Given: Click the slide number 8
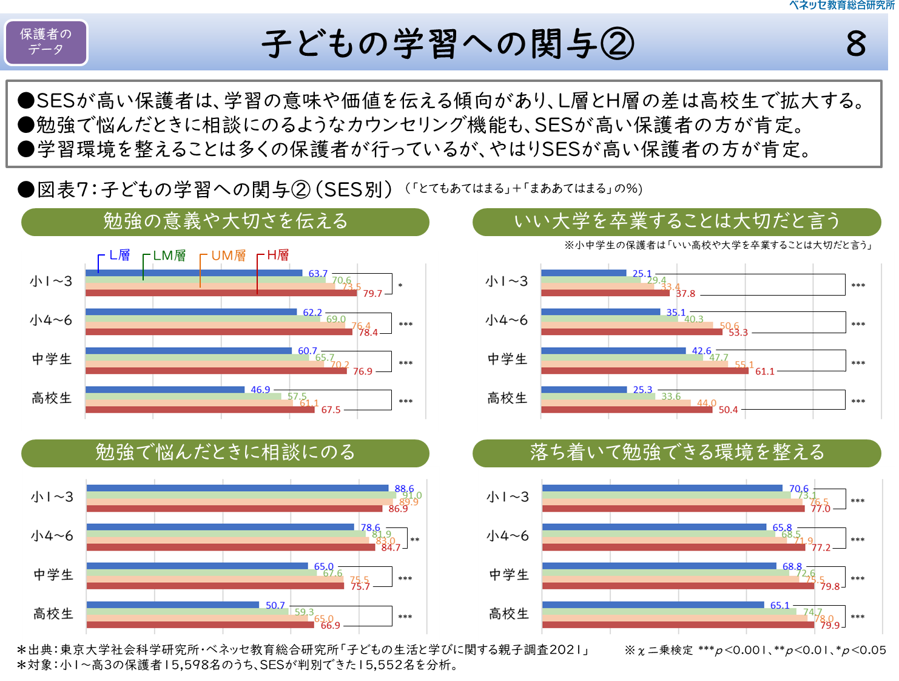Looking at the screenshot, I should pos(856,44).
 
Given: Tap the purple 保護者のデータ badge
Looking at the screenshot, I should pos(46,42).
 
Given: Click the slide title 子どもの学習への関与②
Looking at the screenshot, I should pos(448,44).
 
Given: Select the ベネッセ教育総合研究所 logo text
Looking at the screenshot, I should pos(842,5).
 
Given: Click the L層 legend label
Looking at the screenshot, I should pos(120,256).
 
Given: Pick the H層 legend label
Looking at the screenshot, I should pos(278,256).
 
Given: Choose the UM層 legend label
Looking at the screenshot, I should pos(229,256).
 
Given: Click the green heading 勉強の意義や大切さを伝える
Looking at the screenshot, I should pos(225,222).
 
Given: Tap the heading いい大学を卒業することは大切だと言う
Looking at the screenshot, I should pos(676,222).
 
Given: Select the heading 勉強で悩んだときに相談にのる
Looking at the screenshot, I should pos(225,453).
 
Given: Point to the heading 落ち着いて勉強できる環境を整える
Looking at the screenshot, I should pos(676,453).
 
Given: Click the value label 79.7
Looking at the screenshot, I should pos(372,294).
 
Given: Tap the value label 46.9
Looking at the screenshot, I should pos(260,390).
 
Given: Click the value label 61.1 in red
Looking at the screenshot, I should pos(764,371).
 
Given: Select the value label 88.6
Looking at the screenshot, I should pos(404,489).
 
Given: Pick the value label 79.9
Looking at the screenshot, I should pos(830,625).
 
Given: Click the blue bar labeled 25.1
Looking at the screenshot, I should pos(583,273).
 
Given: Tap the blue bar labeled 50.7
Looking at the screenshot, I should pos(172,605).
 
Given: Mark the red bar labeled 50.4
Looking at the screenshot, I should pos(626,410).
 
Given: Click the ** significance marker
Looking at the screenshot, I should pos(415,540).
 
